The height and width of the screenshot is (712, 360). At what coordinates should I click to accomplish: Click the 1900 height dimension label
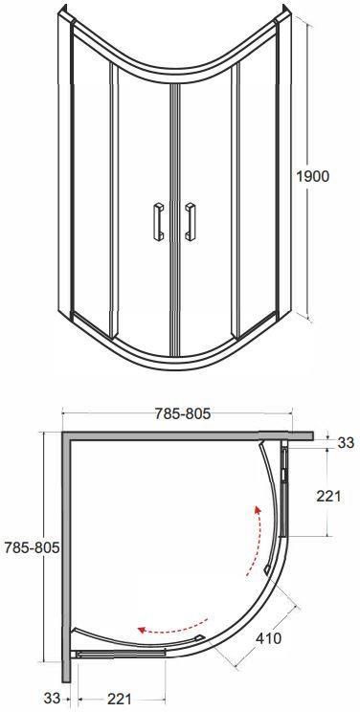pyautogui.click(x=312, y=176)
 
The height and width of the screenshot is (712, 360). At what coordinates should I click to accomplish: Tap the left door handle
pyautogui.click(x=159, y=221)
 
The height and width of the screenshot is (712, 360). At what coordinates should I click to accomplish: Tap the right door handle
pyautogui.click(x=191, y=221)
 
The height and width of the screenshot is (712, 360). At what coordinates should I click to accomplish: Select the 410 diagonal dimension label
pyautogui.click(x=268, y=638)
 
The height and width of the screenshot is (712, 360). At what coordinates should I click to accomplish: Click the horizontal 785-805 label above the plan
pyautogui.click(x=183, y=413)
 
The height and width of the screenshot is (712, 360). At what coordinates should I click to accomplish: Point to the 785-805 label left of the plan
pyautogui.click(x=32, y=547)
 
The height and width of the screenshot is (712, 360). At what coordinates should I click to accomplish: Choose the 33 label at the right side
pyautogui.click(x=346, y=443)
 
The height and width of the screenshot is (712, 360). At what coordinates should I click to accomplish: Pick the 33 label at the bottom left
pyautogui.click(x=53, y=698)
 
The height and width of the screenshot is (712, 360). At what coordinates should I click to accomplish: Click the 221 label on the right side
pyautogui.click(x=328, y=497)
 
